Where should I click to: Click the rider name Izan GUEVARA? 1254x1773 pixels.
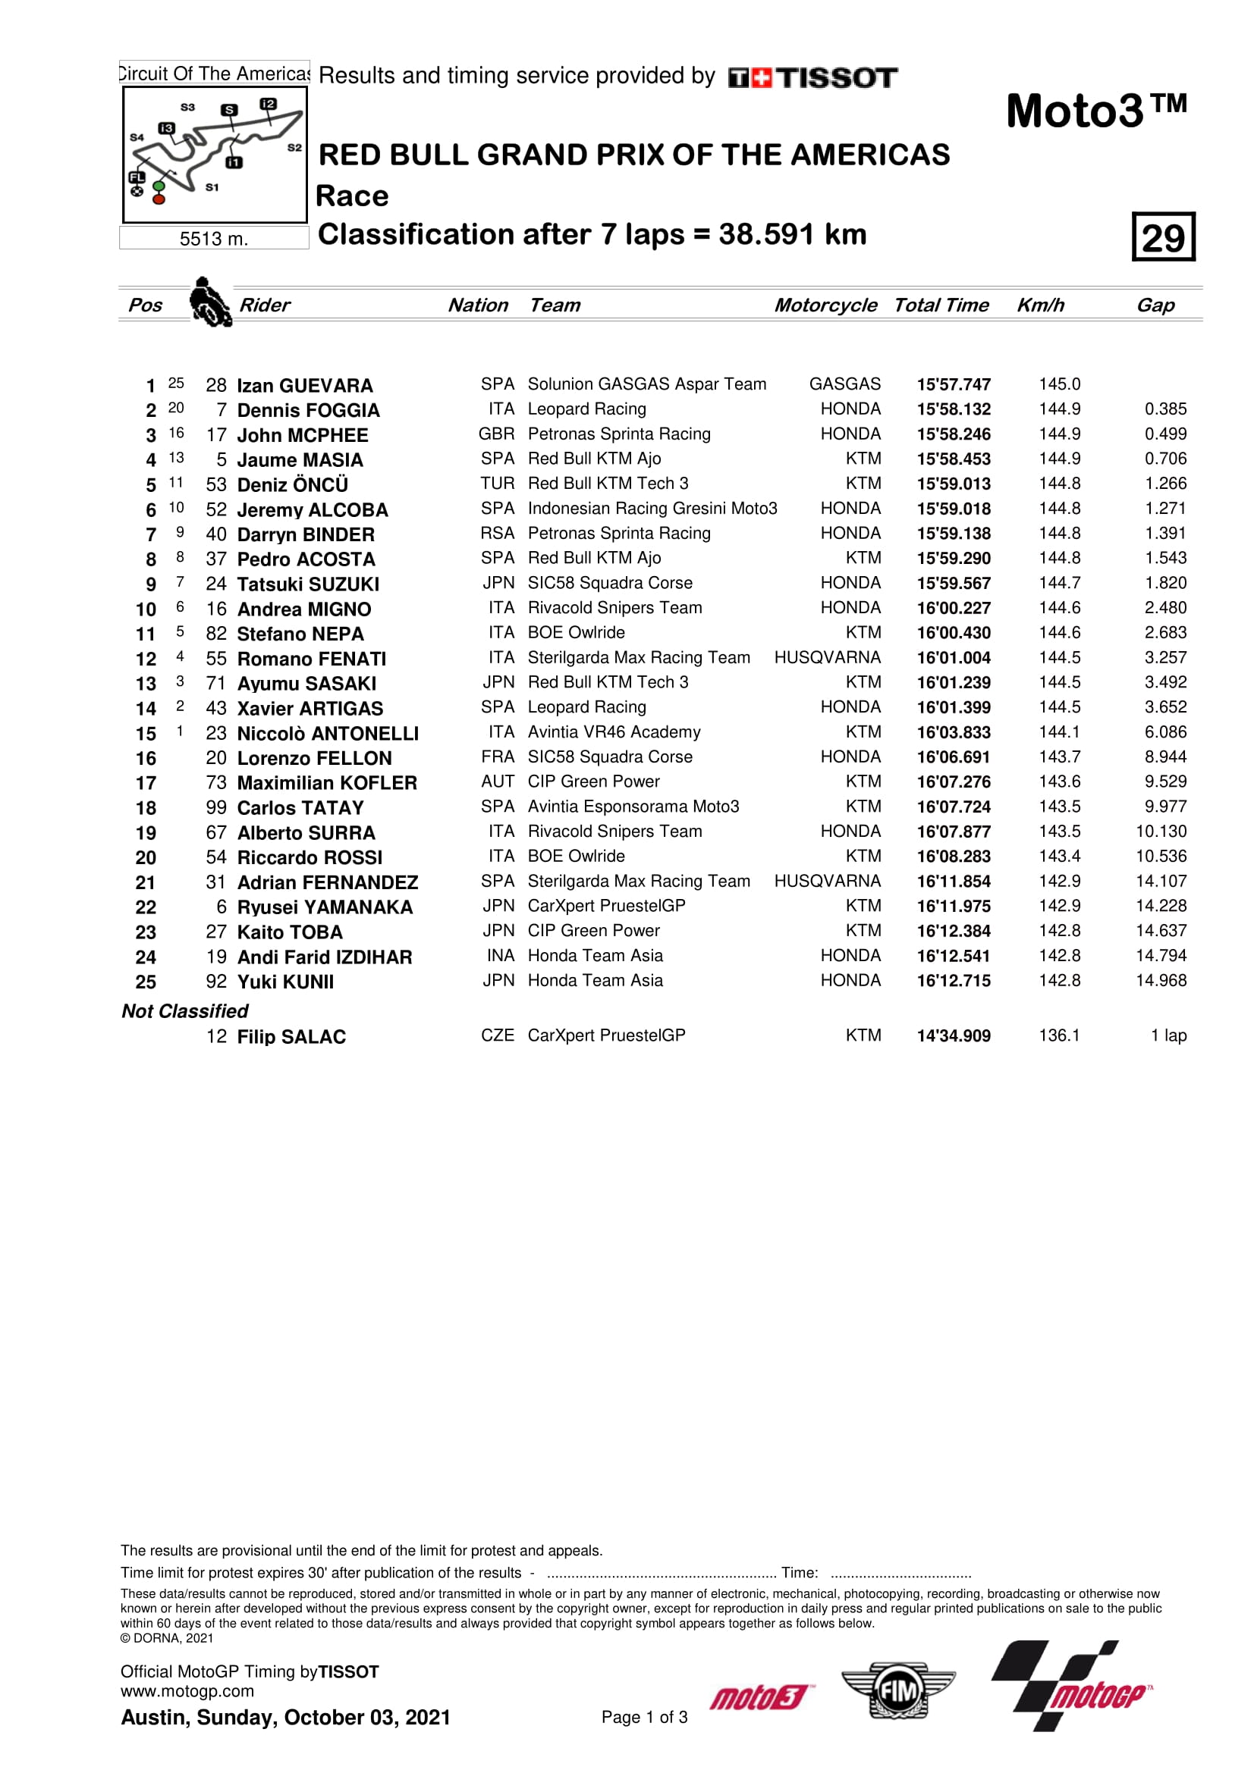tap(304, 385)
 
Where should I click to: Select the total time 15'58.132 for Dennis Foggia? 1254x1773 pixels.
tap(954, 409)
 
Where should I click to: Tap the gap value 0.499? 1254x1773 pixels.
tap(1165, 434)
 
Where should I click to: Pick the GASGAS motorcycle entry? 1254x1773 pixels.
tap(844, 384)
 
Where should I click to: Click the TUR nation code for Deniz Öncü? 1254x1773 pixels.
tap(497, 484)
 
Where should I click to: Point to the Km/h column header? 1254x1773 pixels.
tap(1040, 305)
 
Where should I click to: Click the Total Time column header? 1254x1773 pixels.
tap(941, 305)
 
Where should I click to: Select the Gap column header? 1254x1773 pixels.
tap(1155, 305)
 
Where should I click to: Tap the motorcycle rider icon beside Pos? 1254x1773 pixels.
tap(210, 302)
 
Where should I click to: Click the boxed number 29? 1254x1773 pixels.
tap(1163, 237)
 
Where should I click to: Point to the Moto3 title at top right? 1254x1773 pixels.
tap(1095, 111)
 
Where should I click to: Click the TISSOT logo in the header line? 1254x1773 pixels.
tap(812, 77)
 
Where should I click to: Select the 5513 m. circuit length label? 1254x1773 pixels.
tap(214, 240)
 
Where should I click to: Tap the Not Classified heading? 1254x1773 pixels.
tap(184, 1011)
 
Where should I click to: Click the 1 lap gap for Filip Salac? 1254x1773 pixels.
tap(1168, 1035)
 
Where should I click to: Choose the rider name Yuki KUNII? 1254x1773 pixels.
tap(285, 982)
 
